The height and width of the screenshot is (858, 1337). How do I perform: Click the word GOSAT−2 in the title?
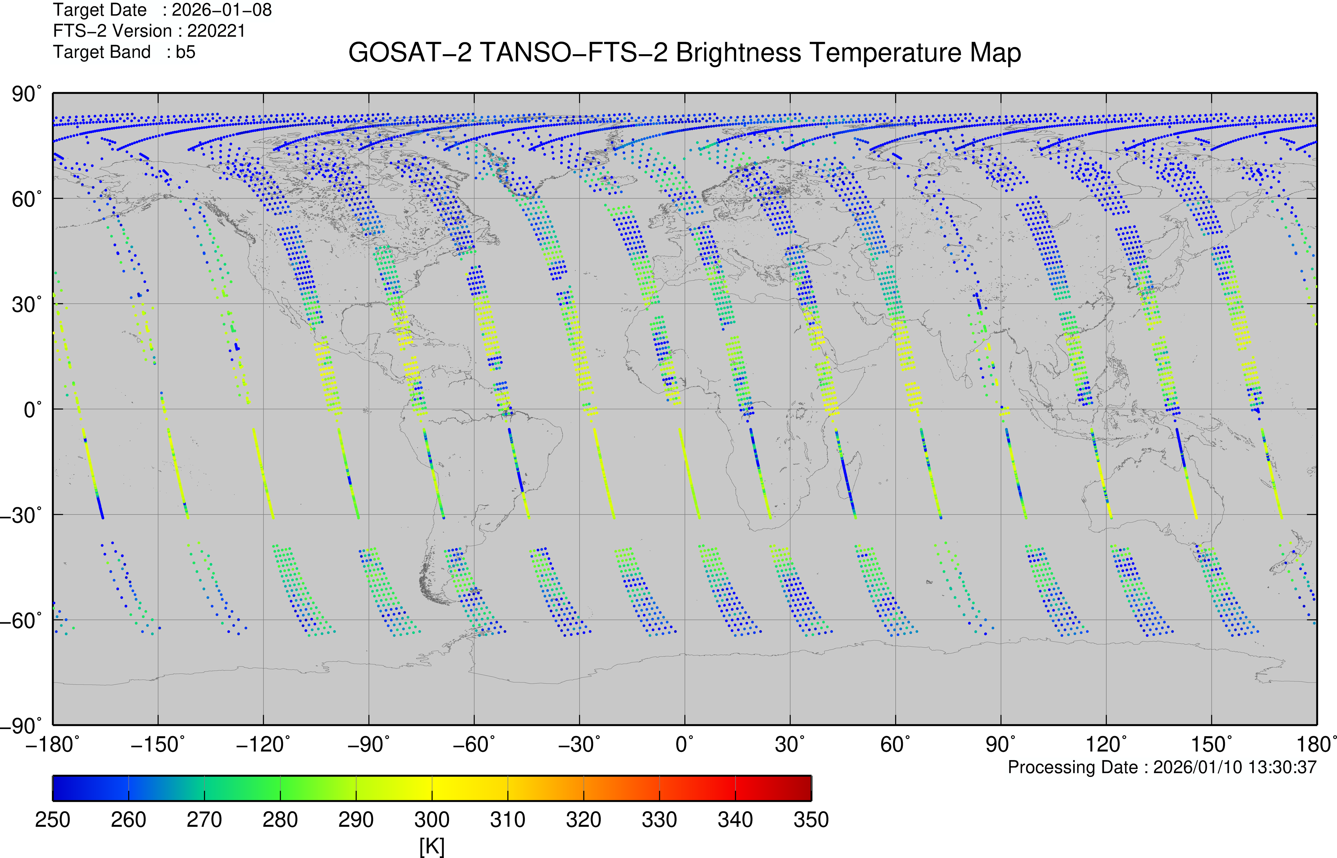coord(409,53)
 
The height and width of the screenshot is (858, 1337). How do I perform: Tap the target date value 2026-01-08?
coord(222,10)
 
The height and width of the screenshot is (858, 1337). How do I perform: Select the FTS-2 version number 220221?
coord(216,31)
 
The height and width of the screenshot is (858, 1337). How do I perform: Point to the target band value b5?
coord(186,52)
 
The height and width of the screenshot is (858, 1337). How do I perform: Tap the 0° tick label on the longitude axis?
coord(685,744)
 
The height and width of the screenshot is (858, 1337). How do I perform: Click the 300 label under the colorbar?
coord(432,819)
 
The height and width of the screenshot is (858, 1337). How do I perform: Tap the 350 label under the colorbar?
coord(811,819)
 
